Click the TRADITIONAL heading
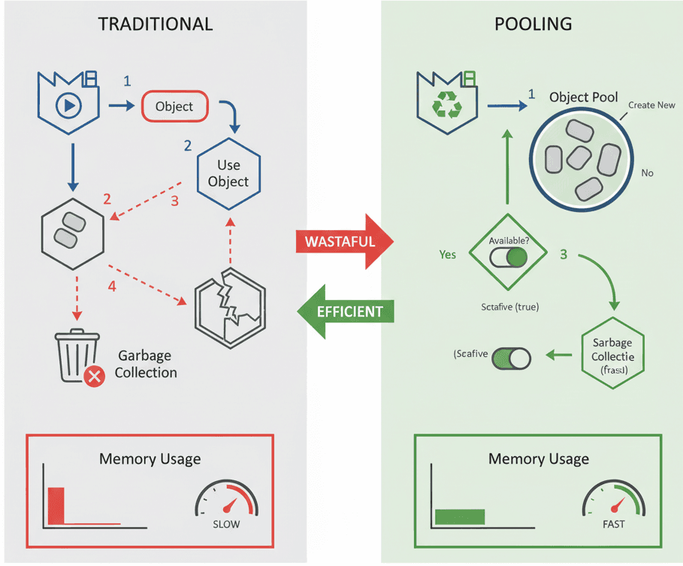(156, 24)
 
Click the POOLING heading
(533, 24)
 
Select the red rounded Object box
(174, 107)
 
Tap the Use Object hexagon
(228, 173)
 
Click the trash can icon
(76, 356)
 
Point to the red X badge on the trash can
(94, 376)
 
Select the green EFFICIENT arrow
(345, 311)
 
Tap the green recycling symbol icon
(446, 106)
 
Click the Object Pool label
(583, 97)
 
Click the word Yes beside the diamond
(447, 255)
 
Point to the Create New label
(651, 105)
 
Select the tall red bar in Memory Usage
(56, 504)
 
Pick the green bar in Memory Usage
(460, 516)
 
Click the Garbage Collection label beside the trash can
(147, 364)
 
